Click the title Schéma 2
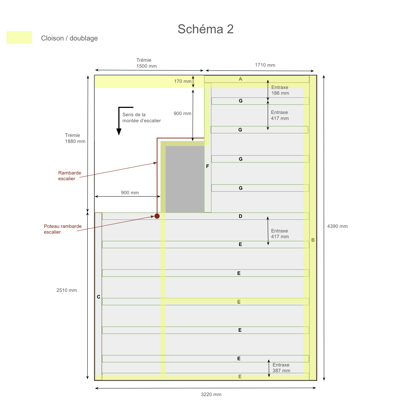[x=205, y=29]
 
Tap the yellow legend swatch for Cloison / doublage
[x=19, y=37]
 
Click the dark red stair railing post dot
[x=157, y=216]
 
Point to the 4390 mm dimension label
[x=337, y=226]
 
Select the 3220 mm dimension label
[x=211, y=395]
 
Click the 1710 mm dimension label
[x=265, y=65]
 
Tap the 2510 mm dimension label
[x=67, y=290]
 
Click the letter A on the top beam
[x=241, y=79]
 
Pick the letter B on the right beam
[x=313, y=240]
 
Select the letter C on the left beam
[x=99, y=297]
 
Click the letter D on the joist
[x=241, y=216]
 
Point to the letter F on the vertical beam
[x=208, y=166]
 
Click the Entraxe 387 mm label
[x=281, y=368]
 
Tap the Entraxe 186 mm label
[x=280, y=90]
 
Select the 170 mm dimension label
[x=183, y=82]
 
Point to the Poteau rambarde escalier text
[x=63, y=229]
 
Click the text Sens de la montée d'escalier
[x=141, y=118]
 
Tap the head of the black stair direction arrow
[x=119, y=132]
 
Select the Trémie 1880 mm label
[x=75, y=138]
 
